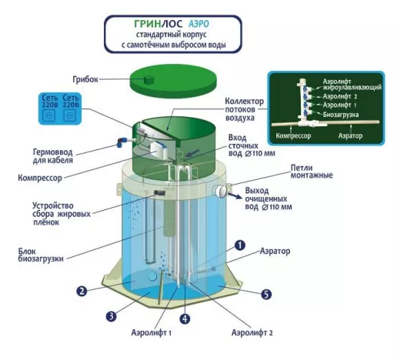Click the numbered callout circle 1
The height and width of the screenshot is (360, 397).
click(240, 245)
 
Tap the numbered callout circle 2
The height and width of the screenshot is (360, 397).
click(82, 292)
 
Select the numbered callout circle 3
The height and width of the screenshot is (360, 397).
click(111, 316)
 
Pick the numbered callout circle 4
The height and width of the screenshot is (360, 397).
click(185, 318)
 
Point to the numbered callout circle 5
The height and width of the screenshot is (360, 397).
click(266, 294)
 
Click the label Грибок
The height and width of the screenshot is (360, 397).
click(85, 79)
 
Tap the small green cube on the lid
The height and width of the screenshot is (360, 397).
click(148, 80)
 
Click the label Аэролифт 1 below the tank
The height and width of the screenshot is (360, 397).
click(152, 333)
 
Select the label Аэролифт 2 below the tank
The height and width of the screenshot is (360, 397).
click(252, 333)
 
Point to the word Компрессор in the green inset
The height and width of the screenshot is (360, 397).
click(293, 135)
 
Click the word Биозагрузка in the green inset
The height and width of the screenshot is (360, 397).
click(341, 115)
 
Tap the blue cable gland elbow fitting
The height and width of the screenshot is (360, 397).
click(122, 142)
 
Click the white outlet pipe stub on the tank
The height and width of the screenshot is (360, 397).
click(220, 191)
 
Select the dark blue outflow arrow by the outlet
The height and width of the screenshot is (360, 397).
click(235, 195)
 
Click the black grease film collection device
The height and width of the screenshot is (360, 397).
click(160, 192)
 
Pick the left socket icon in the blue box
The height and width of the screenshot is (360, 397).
click(49, 115)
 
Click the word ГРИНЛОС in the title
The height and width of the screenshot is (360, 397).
click(158, 24)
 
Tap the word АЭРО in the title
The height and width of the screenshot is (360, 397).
click(198, 24)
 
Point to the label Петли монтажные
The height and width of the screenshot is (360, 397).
click(312, 172)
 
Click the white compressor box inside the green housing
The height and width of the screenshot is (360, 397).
click(159, 151)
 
